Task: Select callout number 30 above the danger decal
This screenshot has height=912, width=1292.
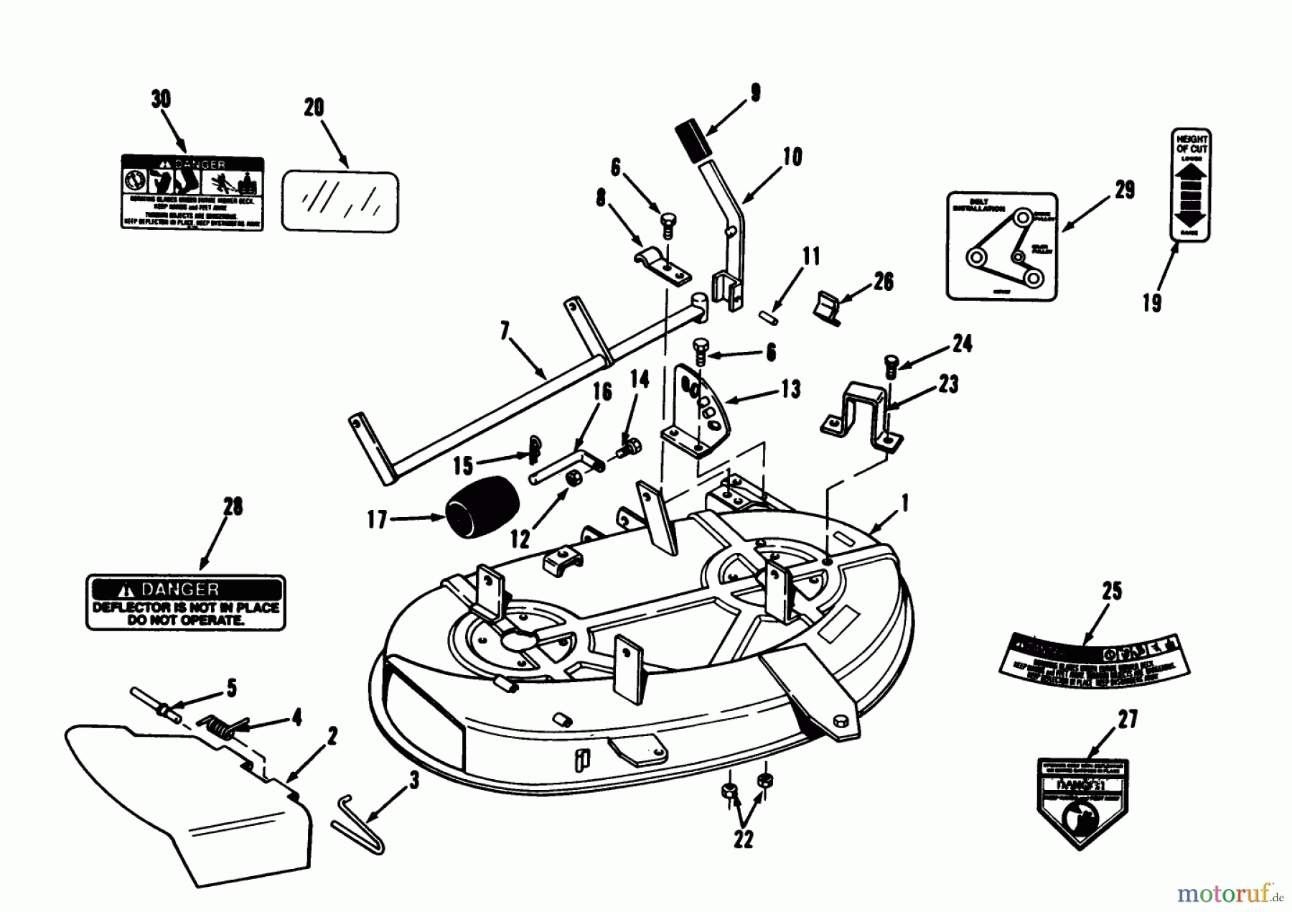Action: (161, 99)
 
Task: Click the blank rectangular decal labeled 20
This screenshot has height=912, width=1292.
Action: (340, 201)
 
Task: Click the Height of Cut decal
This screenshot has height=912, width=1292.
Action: (1191, 185)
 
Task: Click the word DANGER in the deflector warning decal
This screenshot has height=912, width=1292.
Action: (181, 590)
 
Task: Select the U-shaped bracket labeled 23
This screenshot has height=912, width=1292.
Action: (861, 417)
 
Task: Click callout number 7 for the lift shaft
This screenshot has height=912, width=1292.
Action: (505, 331)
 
